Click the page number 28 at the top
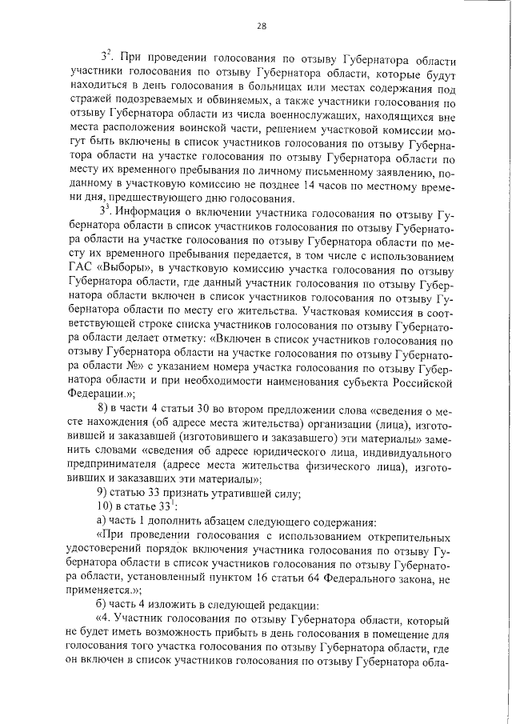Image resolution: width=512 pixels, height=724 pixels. point(262,26)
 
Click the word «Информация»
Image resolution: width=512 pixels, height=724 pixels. point(151,212)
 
